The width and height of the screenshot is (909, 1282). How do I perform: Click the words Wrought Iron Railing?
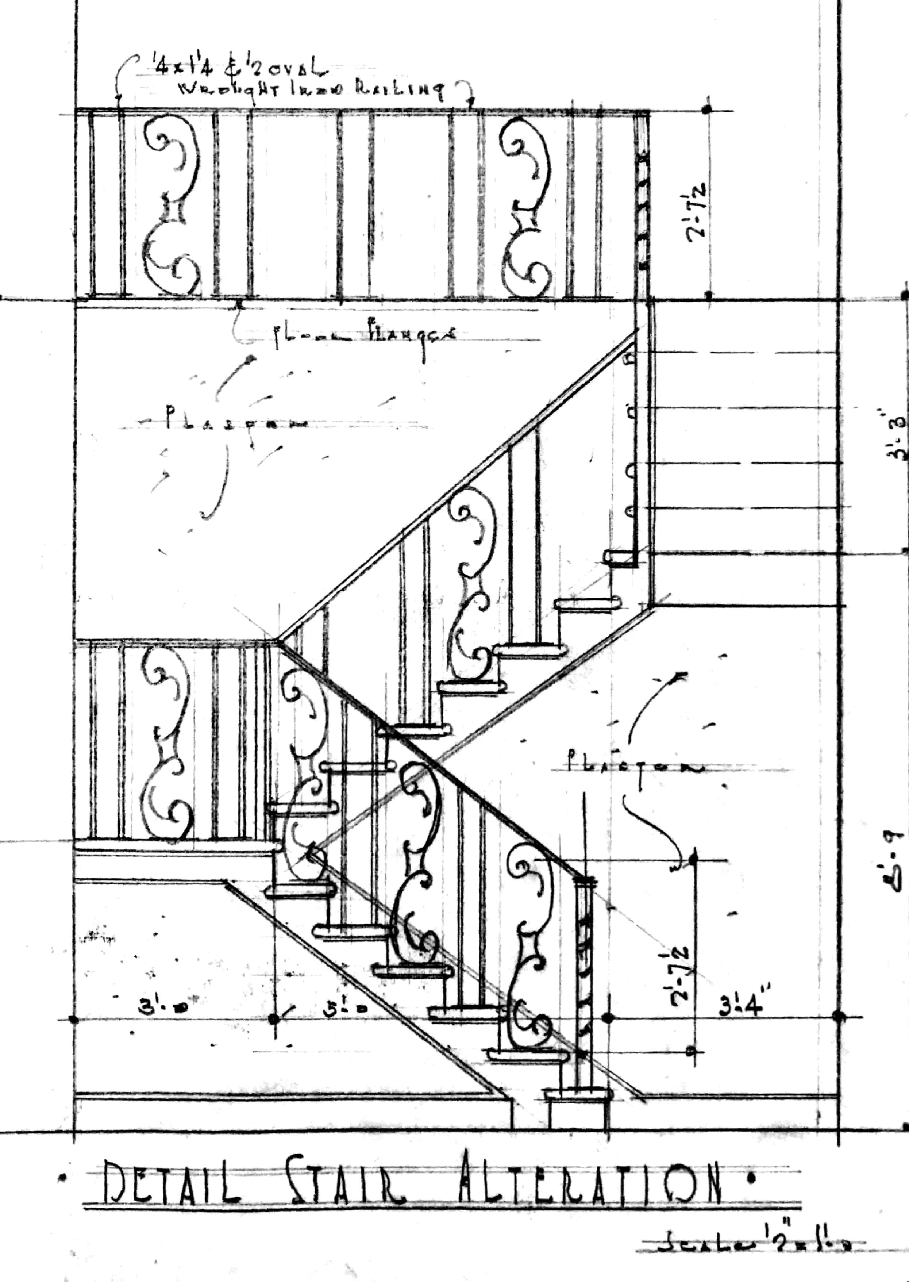coord(311,89)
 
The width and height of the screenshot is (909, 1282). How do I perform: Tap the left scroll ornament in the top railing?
coord(171,204)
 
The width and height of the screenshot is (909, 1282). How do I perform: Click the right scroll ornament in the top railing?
coord(526,204)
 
